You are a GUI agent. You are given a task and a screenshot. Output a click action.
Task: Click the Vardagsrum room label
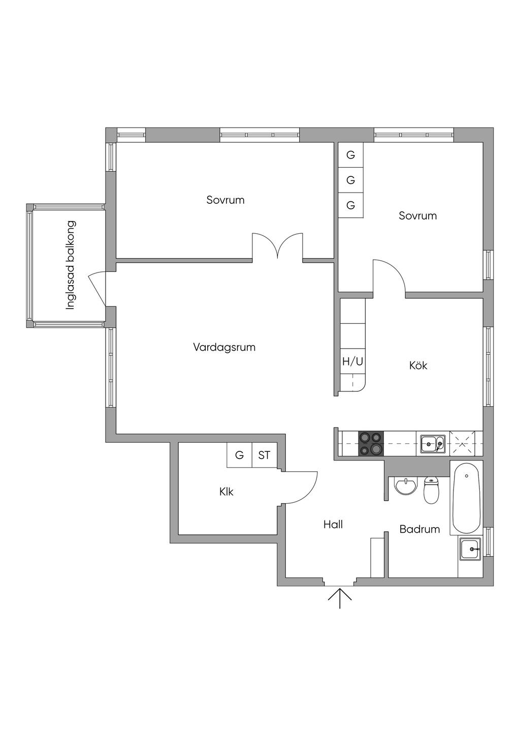[x=224, y=348]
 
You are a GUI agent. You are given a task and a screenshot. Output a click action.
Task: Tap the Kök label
[x=418, y=365]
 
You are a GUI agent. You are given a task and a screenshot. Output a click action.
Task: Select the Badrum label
[x=419, y=529]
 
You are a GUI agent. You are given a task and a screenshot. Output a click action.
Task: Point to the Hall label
[x=333, y=525]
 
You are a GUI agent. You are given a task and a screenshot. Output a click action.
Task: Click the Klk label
[x=226, y=492]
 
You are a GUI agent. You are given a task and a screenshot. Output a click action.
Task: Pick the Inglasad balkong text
[x=71, y=265]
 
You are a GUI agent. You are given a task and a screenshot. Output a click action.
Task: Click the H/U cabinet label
[x=353, y=362]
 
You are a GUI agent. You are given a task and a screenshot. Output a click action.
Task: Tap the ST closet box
[x=264, y=455]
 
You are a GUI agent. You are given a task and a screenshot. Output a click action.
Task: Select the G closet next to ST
[x=239, y=455]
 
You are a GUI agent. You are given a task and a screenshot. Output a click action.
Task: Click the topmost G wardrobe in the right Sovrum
[x=351, y=155]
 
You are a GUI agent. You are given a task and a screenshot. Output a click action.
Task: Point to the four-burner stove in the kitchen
[x=371, y=443]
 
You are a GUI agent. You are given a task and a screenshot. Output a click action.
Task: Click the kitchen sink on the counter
[x=433, y=444]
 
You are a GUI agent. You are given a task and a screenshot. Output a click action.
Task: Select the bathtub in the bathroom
[x=466, y=497]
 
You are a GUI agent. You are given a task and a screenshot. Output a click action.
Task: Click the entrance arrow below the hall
[x=340, y=598]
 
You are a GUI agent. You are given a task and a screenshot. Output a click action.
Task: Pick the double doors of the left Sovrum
[x=278, y=246]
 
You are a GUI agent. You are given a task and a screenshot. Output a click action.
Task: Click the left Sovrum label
[x=225, y=200]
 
